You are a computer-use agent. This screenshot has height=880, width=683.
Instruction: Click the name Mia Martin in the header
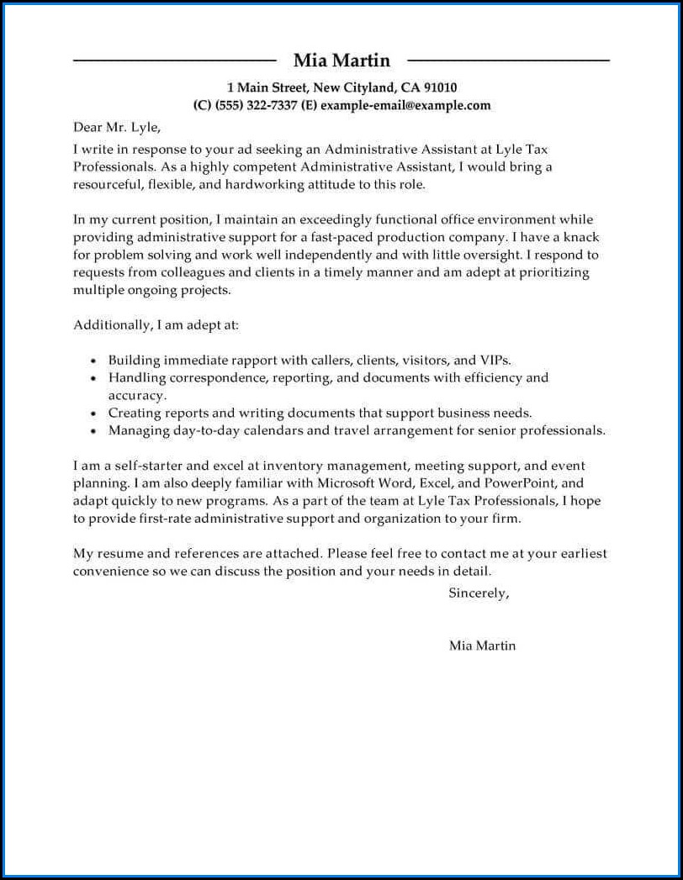click(341, 61)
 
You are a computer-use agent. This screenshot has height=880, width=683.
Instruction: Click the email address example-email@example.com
click(405, 105)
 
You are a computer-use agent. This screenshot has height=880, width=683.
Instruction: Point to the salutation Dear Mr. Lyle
click(116, 128)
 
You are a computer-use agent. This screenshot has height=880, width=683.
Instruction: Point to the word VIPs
click(495, 360)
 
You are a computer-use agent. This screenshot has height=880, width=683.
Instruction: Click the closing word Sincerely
click(478, 593)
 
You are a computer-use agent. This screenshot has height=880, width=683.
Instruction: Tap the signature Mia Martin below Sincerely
click(482, 646)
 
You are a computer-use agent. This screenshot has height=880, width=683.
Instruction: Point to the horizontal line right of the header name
click(508, 61)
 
